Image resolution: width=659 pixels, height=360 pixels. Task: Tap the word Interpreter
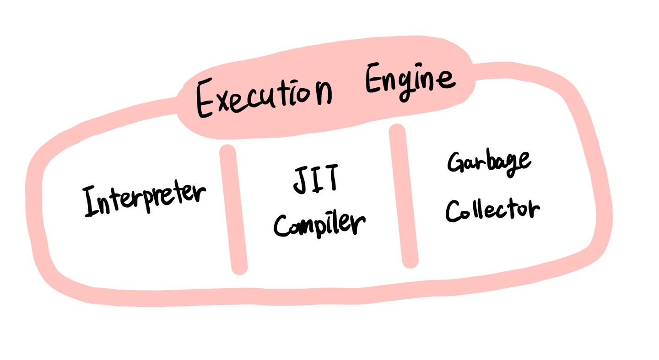(x=144, y=200)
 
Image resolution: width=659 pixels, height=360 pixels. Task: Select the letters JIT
(x=315, y=179)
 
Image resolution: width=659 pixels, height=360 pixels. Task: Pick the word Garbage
(x=488, y=162)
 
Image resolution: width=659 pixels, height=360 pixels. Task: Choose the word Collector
(x=492, y=210)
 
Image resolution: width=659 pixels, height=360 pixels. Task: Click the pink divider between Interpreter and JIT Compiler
(x=233, y=210)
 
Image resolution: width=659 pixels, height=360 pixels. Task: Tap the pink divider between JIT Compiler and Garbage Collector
(x=404, y=197)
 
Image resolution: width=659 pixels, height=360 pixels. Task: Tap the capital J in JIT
(x=300, y=179)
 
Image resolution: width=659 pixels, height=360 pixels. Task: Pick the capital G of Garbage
(x=456, y=163)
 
